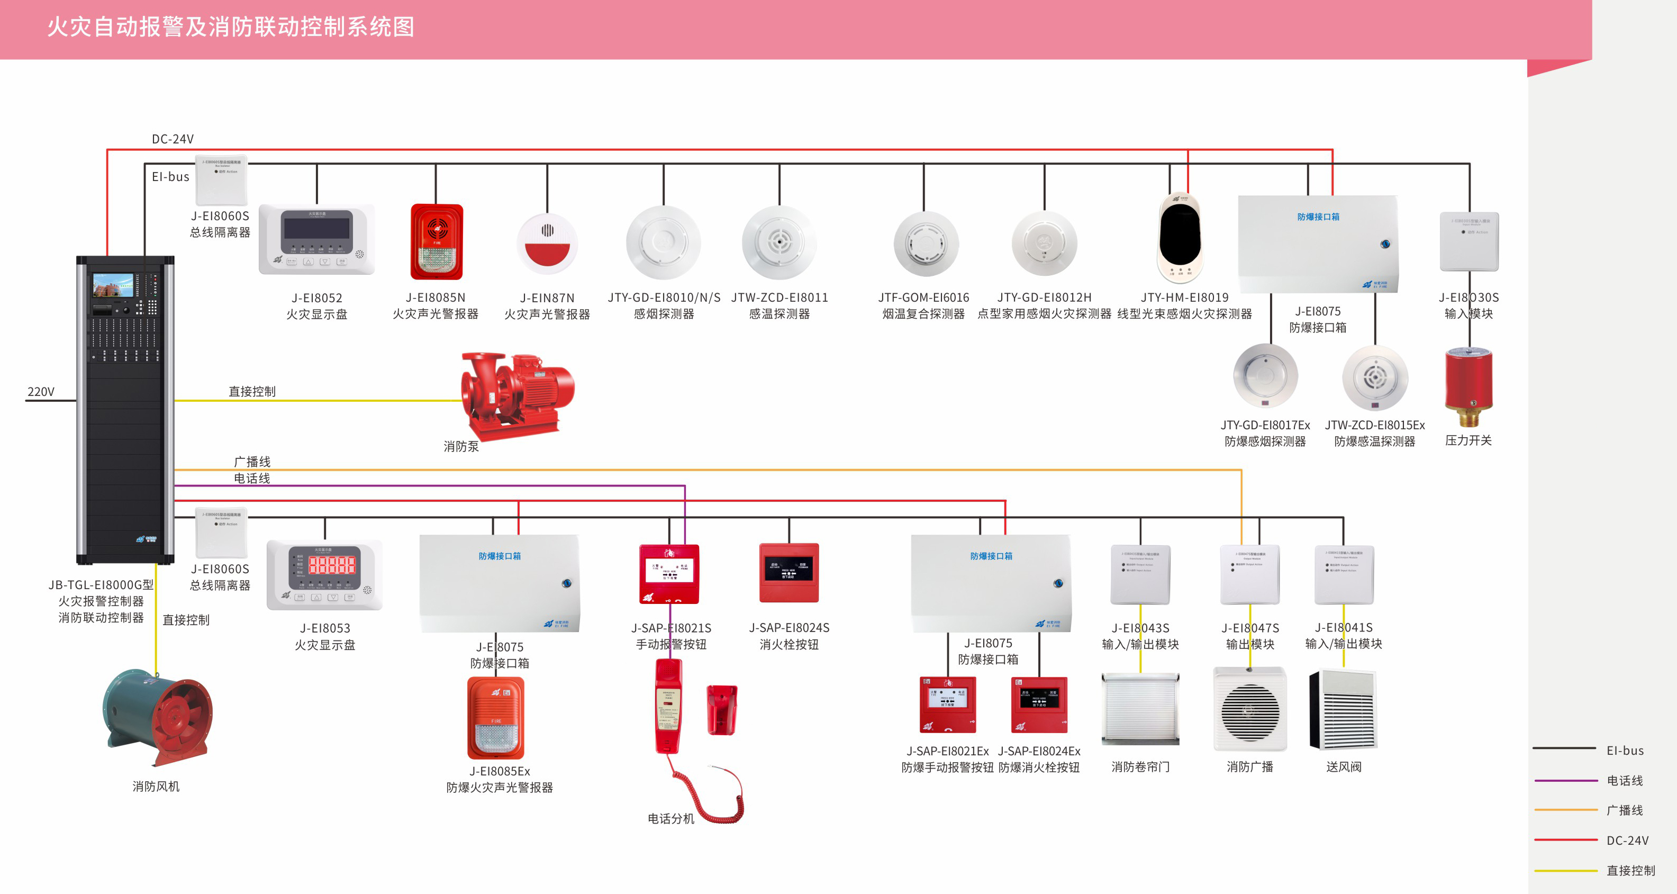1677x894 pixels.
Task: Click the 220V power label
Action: point(40,391)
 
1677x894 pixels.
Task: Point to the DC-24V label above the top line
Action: point(173,139)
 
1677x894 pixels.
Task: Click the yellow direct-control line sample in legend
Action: point(1565,870)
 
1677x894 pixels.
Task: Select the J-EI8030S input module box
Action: point(1468,241)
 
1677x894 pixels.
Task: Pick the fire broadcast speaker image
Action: point(1249,710)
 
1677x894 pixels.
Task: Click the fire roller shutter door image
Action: point(1140,710)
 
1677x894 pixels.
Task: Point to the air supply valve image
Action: point(1343,710)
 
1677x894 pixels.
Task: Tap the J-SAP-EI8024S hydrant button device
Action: point(789,573)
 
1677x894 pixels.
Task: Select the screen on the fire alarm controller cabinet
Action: point(113,285)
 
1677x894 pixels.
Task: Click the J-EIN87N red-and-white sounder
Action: point(547,243)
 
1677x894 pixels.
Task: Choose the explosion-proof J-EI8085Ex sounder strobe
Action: point(496,718)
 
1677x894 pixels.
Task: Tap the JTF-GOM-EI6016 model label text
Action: point(923,297)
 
